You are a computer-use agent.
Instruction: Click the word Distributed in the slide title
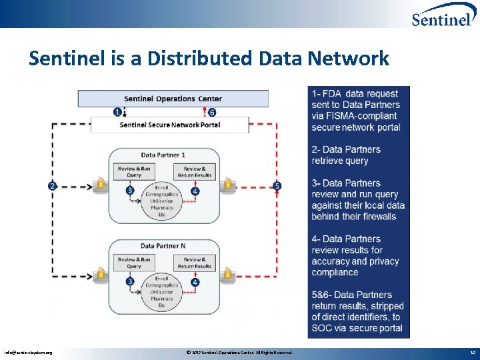click(x=198, y=59)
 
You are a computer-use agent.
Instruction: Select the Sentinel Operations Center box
click(x=173, y=99)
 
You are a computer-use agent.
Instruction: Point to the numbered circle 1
click(x=118, y=112)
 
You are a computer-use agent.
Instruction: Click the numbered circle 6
click(x=212, y=112)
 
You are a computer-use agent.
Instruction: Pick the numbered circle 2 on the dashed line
click(x=53, y=186)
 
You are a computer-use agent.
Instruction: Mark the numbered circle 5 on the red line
click(x=277, y=186)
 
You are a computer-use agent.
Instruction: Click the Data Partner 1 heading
click(x=163, y=155)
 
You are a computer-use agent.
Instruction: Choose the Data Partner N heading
click(x=163, y=246)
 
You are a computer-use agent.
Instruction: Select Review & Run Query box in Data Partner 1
click(x=134, y=172)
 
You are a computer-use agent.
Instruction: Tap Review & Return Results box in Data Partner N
click(x=195, y=263)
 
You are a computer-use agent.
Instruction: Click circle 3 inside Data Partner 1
click(x=130, y=191)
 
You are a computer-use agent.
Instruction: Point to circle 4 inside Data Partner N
click(x=195, y=282)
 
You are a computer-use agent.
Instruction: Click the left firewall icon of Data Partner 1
click(x=100, y=183)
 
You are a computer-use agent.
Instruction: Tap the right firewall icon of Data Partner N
click(x=227, y=273)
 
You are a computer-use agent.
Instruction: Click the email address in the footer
click(x=28, y=353)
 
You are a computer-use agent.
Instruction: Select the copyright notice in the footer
click(x=239, y=353)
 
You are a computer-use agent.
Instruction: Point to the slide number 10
click(x=472, y=353)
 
